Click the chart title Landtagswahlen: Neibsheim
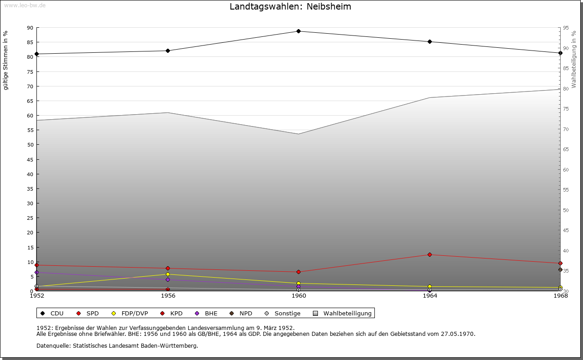pos(290,7)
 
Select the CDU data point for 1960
pos(299,31)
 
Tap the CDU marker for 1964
pos(430,42)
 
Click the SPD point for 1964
pos(430,255)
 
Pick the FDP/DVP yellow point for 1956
pos(168,274)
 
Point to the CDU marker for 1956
pos(168,51)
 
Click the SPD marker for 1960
pos(299,272)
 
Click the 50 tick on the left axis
pos(31,145)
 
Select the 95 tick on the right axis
pos(566,28)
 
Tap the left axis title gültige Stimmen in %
pos(6,61)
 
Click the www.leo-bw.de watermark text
pos(25,5)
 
